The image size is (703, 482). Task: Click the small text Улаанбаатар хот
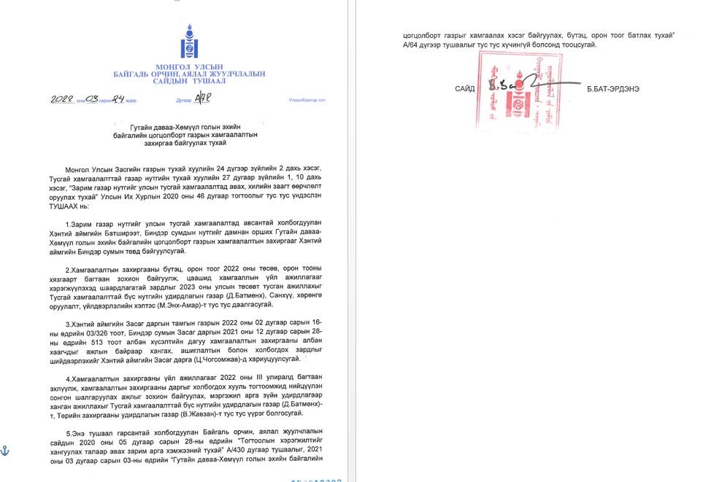pyautogui.click(x=307, y=100)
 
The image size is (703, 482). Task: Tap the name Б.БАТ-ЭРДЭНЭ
pyautogui.click(x=613, y=89)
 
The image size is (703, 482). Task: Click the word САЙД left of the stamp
pyautogui.click(x=464, y=89)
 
